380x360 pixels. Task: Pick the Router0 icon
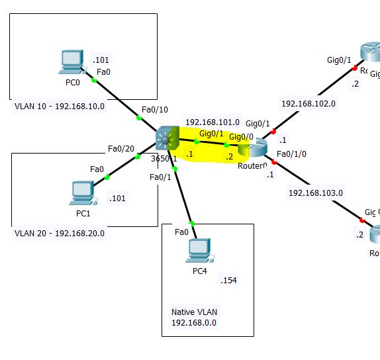click(x=253, y=150)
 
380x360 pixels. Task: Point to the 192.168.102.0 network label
click(x=309, y=104)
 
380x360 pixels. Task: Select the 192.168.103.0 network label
click(x=316, y=193)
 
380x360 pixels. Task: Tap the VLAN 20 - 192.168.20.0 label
click(x=60, y=233)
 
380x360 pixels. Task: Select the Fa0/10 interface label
click(x=155, y=111)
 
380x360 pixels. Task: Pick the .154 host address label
click(x=228, y=281)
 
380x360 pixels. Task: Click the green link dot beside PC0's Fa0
click(x=94, y=80)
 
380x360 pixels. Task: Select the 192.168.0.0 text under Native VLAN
click(x=194, y=322)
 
